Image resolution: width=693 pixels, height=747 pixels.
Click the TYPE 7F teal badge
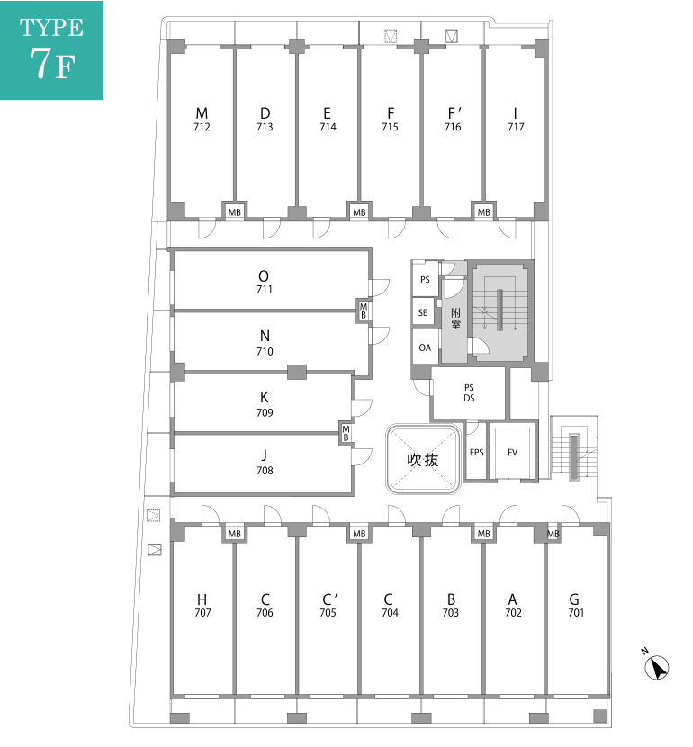pyautogui.click(x=51, y=49)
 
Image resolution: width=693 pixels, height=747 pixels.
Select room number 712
pyautogui.click(x=202, y=127)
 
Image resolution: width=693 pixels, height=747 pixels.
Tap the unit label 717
pyautogui.click(x=516, y=127)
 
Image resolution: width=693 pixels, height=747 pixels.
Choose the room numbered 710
pyautogui.click(x=265, y=352)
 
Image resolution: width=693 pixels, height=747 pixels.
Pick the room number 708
pyautogui.click(x=265, y=471)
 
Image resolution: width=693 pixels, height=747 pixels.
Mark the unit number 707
pyautogui.click(x=202, y=613)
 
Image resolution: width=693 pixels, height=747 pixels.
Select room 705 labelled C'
pyautogui.click(x=328, y=606)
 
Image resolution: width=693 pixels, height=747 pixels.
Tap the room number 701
pyautogui.click(x=576, y=613)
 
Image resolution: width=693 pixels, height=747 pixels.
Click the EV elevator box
pyautogui.click(x=513, y=452)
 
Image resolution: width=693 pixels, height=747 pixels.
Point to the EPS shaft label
pyautogui.click(x=476, y=452)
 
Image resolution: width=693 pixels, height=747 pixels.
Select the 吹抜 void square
pyautogui.click(x=423, y=459)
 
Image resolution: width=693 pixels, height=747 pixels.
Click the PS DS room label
pyautogui.click(x=469, y=392)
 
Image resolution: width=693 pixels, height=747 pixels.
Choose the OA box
pyautogui.click(x=425, y=346)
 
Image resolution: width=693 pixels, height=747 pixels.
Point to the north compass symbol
pyautogui.click(x=658, y=666)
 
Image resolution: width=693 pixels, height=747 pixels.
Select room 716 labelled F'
pyautogui.click(x=454, y=120)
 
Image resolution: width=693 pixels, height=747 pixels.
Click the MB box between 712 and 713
pyautogui.click(x=234, y=212)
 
